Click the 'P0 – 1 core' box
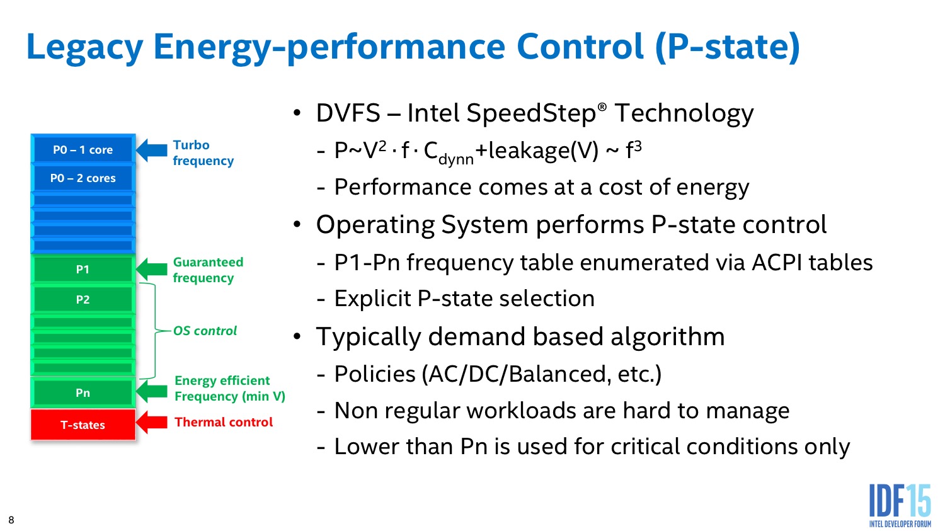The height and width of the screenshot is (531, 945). [x=83, y=149]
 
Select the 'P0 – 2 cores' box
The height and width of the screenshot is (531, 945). [x=83, y=178]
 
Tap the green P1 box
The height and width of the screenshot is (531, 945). [x=83, y=269]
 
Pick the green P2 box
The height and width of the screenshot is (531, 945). [x=83, y=299]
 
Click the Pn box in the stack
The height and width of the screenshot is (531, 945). [x=83, y=392]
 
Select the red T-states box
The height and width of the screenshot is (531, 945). [x=83, y=425]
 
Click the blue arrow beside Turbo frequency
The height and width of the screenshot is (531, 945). [x=151, y=150]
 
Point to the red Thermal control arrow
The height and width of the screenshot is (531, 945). [x=151, y=422]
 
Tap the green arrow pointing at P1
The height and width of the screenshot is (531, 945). [x=151, y=270]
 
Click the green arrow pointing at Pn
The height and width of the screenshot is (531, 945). [x=151, y=391]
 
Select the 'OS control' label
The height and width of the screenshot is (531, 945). [x=205, y=331]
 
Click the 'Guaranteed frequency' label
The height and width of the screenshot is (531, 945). [x=208, y=270]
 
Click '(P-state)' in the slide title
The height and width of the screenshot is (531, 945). [x=728, y=47]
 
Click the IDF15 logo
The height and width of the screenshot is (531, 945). [x=900, y=506]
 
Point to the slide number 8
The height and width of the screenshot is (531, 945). [x=11, y=520]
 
